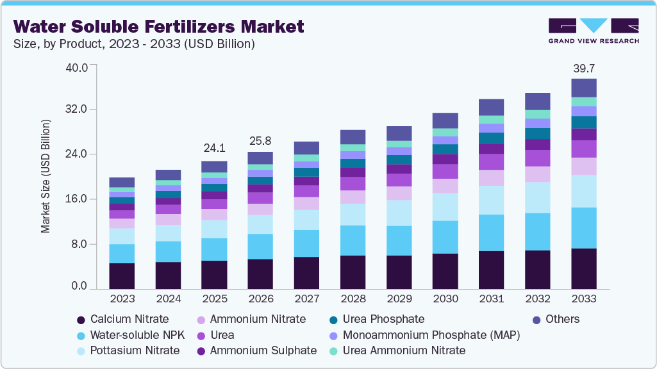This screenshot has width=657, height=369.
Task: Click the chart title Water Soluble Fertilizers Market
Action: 158,26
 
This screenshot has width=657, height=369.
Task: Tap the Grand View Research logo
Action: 594,30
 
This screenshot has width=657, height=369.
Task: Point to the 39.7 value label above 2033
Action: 583,69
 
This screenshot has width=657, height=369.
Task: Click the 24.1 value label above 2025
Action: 214,148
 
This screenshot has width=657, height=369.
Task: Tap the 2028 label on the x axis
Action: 353,299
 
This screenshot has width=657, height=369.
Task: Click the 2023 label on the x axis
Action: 122,299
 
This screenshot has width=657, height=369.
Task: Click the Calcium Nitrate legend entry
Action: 122,319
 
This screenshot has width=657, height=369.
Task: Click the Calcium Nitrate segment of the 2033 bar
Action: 583,268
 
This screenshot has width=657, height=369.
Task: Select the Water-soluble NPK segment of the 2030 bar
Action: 445,237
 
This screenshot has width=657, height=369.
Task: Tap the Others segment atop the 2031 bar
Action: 491,107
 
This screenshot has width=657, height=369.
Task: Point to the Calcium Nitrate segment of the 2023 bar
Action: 122,275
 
